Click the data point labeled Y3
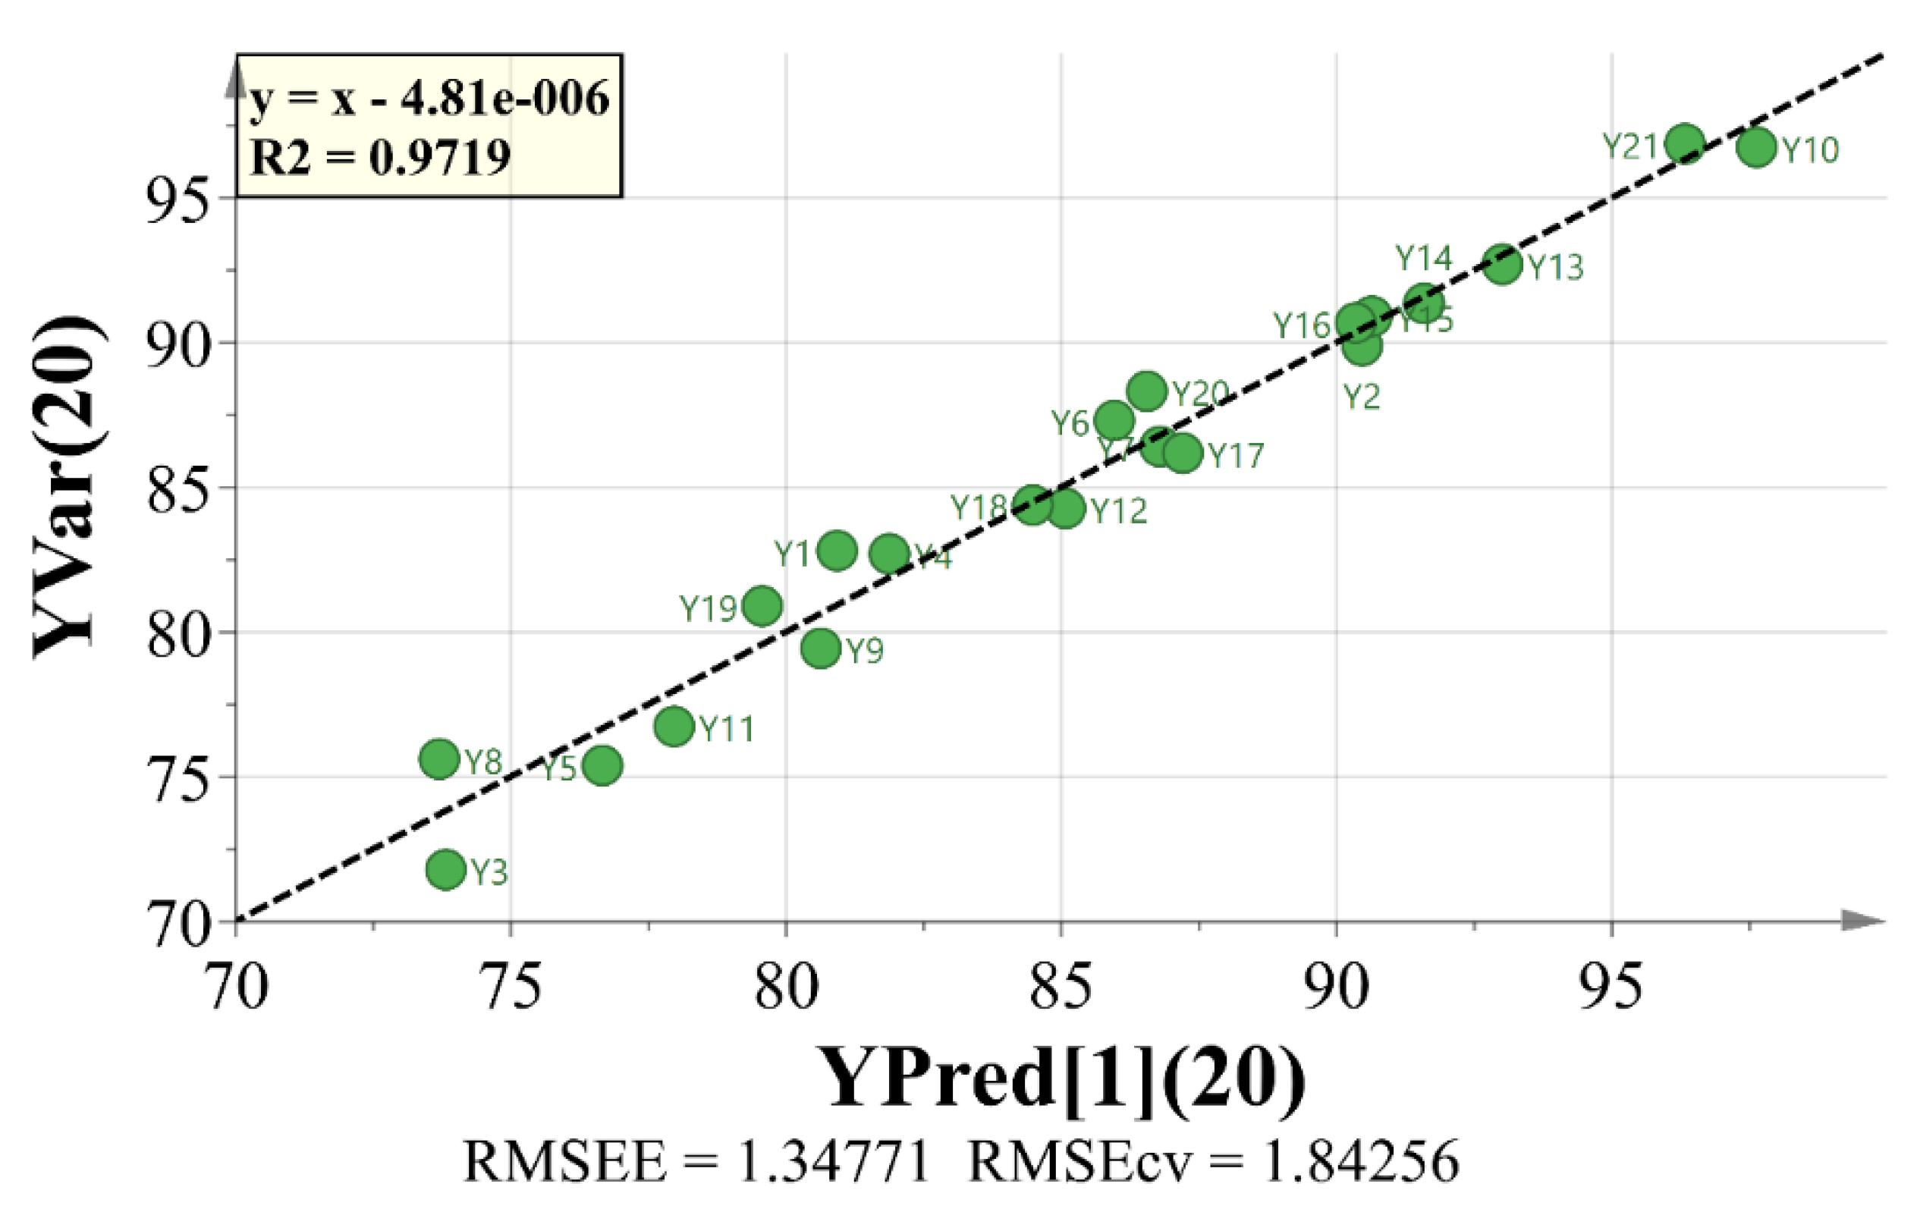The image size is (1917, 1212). pos(446,869)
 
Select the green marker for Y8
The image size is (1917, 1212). pos(439,759)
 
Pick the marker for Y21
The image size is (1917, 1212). pos(1686,144)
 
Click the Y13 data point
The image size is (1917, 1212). pos(1502,264)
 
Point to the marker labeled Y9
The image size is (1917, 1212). pos(822,648)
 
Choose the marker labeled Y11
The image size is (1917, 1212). pos(674,726)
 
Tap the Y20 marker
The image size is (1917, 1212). pos(1147,391)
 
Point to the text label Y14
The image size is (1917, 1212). pos(1424,258)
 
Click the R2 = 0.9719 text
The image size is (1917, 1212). pos(381,157)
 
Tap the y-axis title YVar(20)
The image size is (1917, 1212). pos(68,487)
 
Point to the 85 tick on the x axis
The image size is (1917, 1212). pos(1062,987)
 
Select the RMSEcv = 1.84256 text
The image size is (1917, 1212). pos(1213,1161)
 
